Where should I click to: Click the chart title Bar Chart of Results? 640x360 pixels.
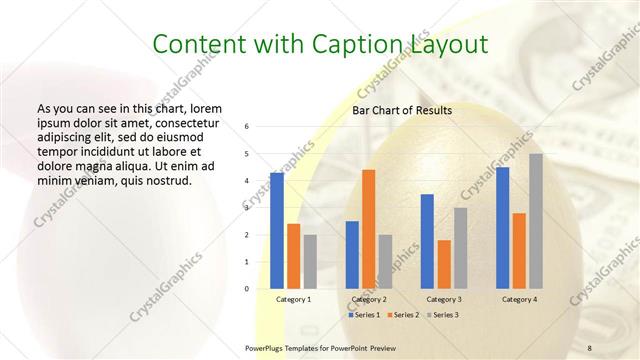tap(401, 110)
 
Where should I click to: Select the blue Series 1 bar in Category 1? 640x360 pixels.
tap(277, 230)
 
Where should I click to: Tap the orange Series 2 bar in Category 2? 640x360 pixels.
tap(368, 229)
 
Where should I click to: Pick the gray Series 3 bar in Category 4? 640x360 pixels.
tap(536, 221)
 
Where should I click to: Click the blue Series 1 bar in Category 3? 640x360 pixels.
tap(427, 241)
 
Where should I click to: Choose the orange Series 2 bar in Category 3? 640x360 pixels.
tap(444, 264)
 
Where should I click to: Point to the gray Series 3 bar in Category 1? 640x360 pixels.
tap(310, 261)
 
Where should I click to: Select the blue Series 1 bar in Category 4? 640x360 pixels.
tap(502, 227)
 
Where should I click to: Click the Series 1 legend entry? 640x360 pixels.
tap(363, 314)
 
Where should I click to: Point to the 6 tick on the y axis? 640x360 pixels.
tap(247, 127)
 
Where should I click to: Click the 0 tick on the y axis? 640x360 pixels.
tap(247, 289)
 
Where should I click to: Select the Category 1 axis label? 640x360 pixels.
tap(293, 299)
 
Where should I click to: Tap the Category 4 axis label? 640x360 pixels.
tap(519, 299)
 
